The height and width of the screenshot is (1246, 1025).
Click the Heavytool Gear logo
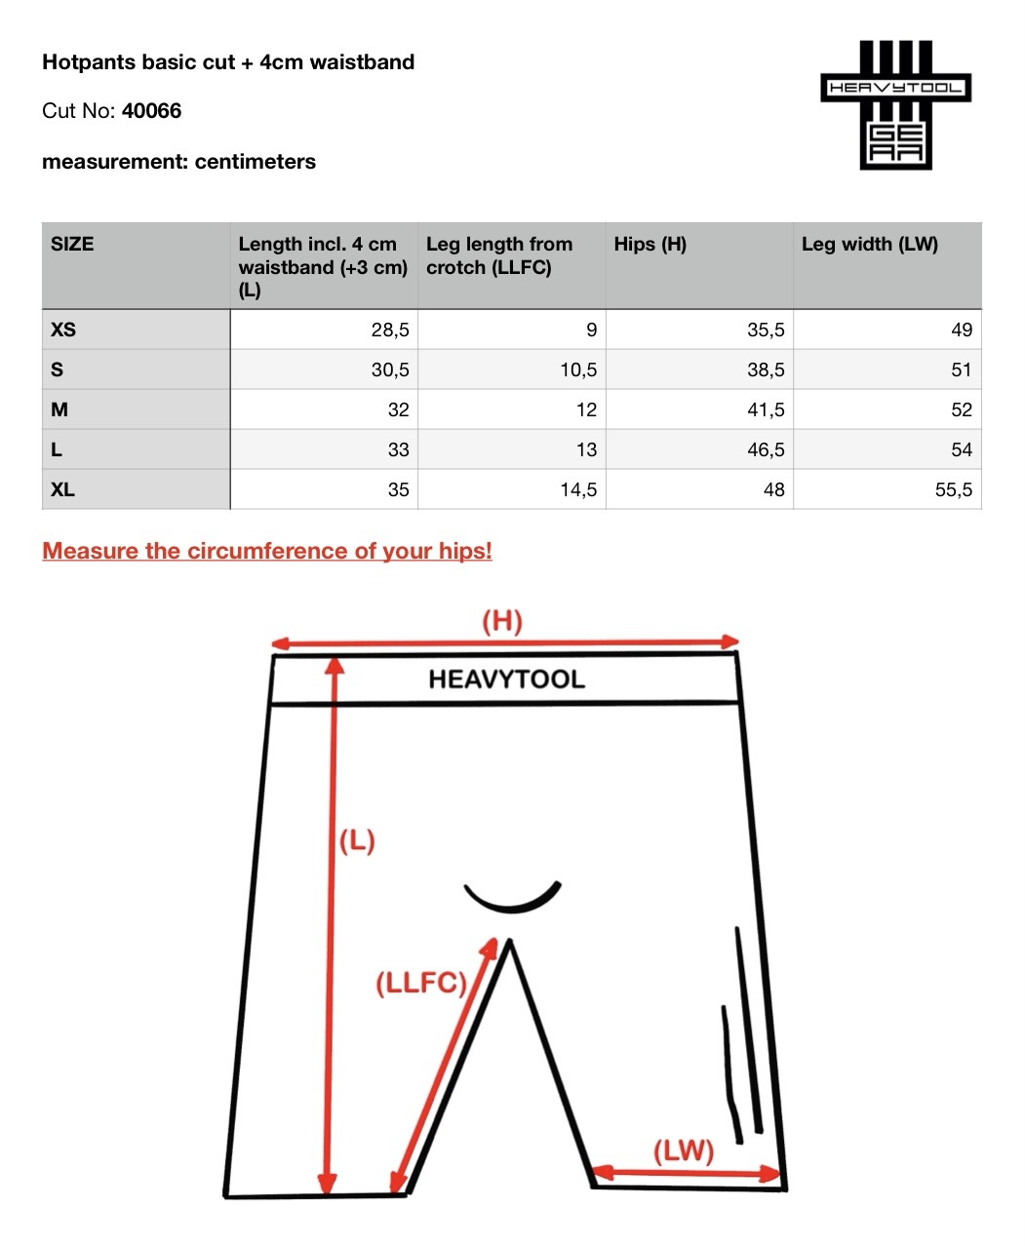(x=895, y=105)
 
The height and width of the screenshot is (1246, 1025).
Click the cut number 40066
(x=151, y=111)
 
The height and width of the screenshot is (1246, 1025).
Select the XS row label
(x=63, y=330)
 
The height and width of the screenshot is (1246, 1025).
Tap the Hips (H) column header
(x=650, y=245)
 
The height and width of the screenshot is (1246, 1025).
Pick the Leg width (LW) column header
(x=869, y=245)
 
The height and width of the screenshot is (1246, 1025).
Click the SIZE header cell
(x=72, y=245)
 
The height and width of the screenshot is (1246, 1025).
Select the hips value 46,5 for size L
(x=766, y=449)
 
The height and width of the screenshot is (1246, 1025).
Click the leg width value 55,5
(x=953, y=489)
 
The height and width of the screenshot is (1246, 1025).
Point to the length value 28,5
(x=390, y=330)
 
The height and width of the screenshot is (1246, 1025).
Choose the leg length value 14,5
(x=578, y=489)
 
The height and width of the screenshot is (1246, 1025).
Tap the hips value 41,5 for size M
(x=766, y=409)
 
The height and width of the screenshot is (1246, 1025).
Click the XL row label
(x=62, y=489)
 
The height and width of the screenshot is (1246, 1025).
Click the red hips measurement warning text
(x=267, y=551)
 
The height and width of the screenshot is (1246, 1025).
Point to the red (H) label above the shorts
(x=502, y=621)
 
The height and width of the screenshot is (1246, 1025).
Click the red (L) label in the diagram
(x=357, y=840)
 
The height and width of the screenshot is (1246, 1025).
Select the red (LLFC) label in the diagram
(x=421, y=983)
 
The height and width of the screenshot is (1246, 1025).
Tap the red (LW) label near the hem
(x=683, y=1151)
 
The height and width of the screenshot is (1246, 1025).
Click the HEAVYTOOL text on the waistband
(x=506, y=680)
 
